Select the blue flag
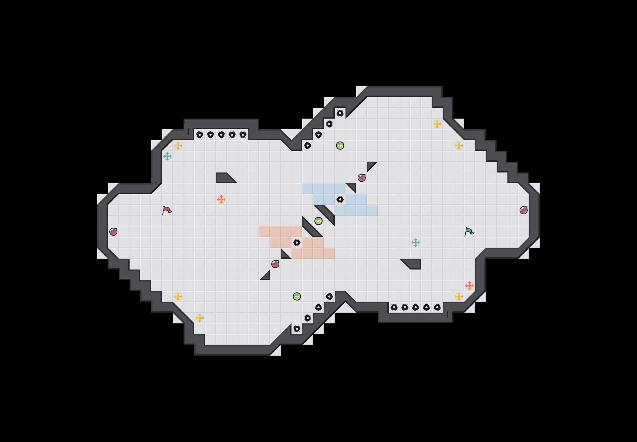(x=469, y=232)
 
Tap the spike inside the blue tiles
(x=340, y=199)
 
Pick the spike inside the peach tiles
(x=297, y=243)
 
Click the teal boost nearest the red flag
(x=167, y=156)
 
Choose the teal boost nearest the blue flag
(x=415, y=243)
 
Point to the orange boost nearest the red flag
(x=221, y=199)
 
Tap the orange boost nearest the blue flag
(x=469, y=285)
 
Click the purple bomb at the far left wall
(x=113, y=232)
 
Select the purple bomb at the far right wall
(x=523, y=210)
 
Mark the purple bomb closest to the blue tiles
(x=361, y=178)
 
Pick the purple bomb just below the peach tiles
(x=275, y=264)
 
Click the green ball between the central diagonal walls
(x=318, y=221)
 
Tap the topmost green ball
(x=340, y=145)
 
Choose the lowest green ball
(x=297, y=296)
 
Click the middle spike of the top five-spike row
(x=221, y=135)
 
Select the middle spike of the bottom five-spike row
(x=415, y=307)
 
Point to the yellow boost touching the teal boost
(x=178, y=145)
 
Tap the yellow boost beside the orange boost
(x=459, y=296)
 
